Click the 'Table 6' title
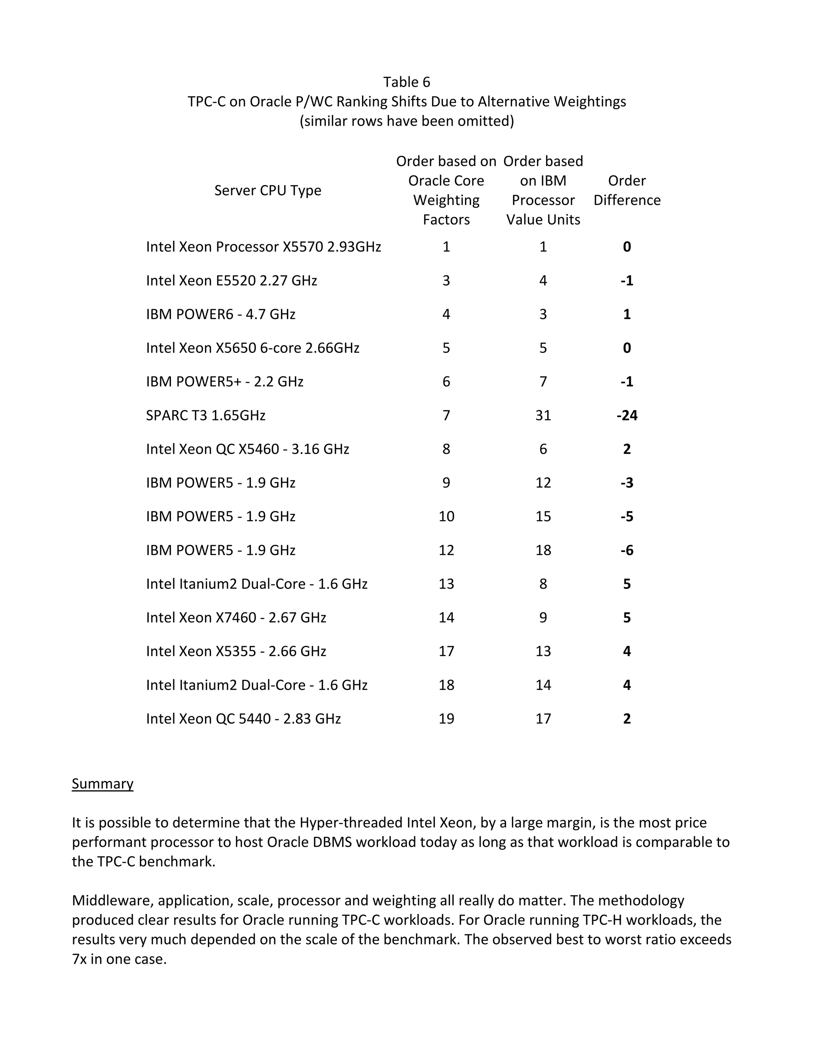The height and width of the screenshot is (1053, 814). [x=407, y=82]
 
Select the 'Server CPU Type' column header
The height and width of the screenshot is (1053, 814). [x=267, y=190]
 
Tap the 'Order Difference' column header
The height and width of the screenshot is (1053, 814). [x=626, y=190]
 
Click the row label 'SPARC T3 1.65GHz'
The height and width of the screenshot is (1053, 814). [x=205, y=415]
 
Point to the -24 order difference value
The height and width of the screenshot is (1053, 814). [x=626, y=415]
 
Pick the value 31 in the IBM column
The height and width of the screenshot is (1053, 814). [x=543, y=415]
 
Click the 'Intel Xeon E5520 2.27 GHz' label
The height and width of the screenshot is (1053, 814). [x=231, y=281]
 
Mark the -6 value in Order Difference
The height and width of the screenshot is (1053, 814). [x=626, y=550]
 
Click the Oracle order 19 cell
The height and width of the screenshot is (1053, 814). [x=446, y=719]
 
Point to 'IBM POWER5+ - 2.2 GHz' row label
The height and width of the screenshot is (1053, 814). [x=225, y=382]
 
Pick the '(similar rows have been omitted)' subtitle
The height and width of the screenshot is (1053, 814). [x=407, y=121]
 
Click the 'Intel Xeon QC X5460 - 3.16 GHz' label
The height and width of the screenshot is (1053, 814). [x=247, y=449]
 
